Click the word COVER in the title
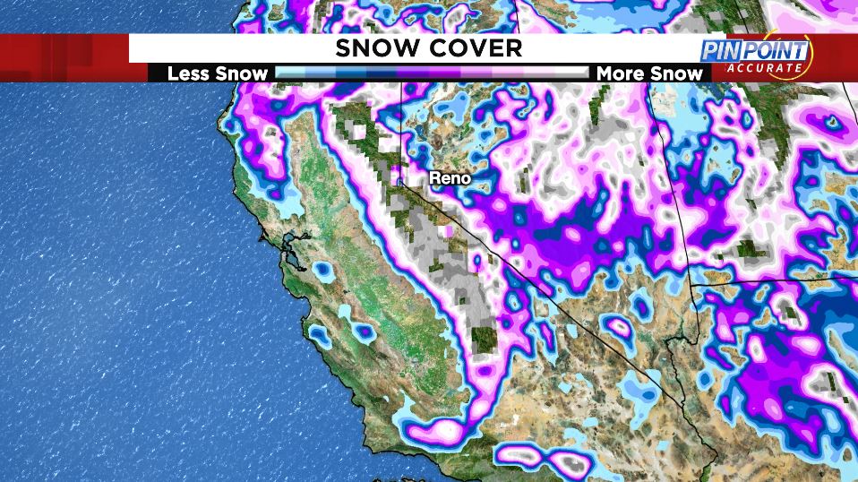(472, 48)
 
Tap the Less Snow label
(218, 73)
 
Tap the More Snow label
(649, 73)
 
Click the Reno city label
(450, 178)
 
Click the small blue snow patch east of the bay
(320, 268)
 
